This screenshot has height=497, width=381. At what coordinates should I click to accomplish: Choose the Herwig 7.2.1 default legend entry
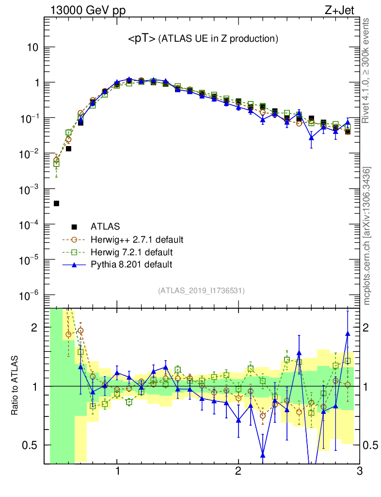coord(131,252)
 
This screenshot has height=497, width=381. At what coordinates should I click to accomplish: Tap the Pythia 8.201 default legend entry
coord(131,265)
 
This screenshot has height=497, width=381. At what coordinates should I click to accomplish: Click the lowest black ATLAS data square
coord(56,203)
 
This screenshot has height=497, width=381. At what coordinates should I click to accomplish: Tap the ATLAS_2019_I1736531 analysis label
coord(201,291)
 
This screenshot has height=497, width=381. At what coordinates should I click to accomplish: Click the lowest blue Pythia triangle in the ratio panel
coord(263,455)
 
